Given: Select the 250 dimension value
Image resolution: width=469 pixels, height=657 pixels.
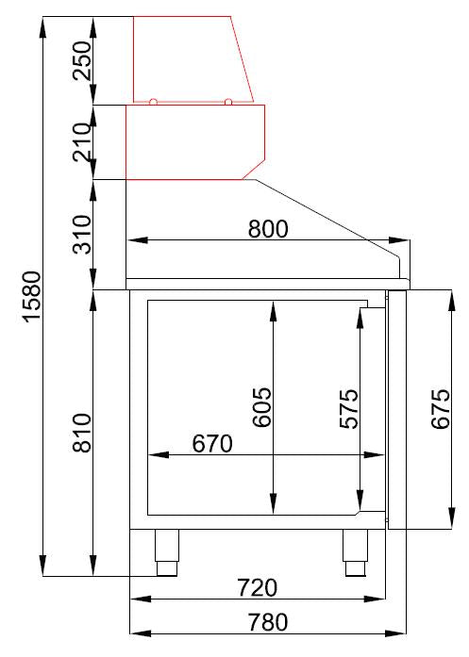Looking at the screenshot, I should tap(83, 60).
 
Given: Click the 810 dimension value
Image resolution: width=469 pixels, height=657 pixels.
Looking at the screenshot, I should tap(83, 433).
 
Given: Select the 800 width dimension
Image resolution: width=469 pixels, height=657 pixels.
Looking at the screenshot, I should tap(267, 228).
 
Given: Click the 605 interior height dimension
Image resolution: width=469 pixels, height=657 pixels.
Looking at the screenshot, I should tap(261, 406).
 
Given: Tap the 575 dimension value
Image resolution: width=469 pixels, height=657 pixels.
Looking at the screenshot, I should tap(348, 409).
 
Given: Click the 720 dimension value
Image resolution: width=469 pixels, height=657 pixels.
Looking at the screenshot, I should tap(257, 588).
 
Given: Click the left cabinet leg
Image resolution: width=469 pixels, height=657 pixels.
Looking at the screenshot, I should tap(167, 552).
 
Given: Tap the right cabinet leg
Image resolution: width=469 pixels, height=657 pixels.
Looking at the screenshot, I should tap(356, 552).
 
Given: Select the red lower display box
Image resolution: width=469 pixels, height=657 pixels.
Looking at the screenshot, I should tap(195, 141).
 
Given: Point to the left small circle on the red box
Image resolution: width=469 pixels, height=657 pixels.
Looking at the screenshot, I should tap(154, 101).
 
